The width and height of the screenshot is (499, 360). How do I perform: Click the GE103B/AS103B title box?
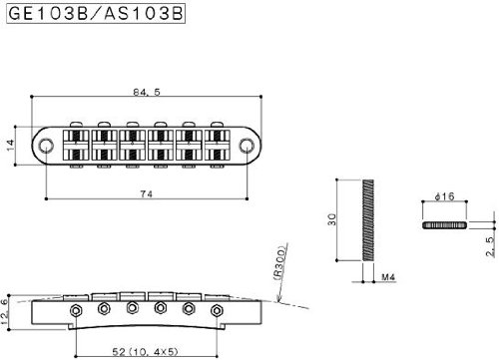point(96,14)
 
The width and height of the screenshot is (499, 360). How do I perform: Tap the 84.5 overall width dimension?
point(147,92)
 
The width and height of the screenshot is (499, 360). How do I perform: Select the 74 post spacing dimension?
point(147,193)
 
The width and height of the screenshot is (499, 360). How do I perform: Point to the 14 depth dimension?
point(11,146)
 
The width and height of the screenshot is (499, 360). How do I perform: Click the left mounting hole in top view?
point(46,146)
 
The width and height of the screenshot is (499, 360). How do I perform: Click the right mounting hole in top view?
point(247,146)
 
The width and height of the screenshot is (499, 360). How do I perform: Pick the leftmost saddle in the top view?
point(76,146)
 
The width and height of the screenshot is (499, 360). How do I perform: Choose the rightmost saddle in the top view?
point(217,146)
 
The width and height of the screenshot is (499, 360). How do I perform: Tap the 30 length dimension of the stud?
point(332,219)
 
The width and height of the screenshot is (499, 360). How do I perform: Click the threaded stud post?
point(368,220)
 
